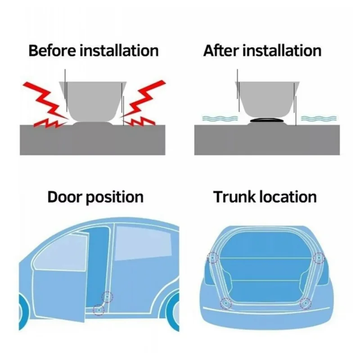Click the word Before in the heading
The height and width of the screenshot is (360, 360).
[52, 50]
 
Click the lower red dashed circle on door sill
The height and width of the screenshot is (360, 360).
[98, 309]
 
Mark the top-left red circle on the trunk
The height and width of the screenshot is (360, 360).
[211, 258]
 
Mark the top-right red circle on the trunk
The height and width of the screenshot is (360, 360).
[319, 258]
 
